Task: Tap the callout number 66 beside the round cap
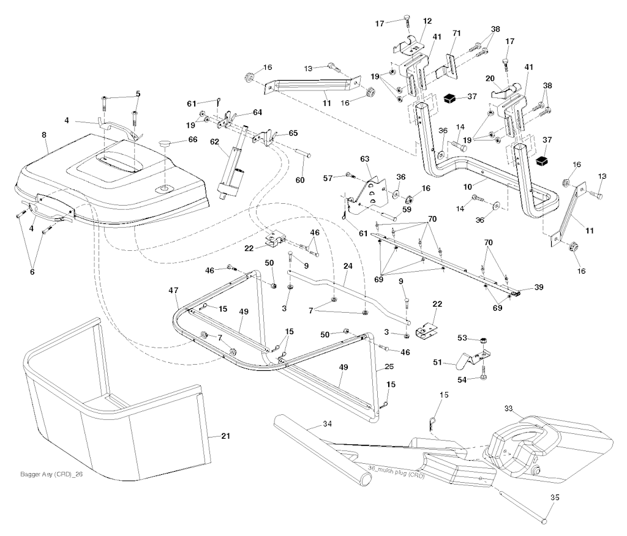(193, 140)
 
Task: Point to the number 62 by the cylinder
(214, 141)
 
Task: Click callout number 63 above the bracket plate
(366, 160)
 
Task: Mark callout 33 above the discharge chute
(508, 408)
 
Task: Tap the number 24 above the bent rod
(348, 266)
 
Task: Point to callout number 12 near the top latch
(427, 21)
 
